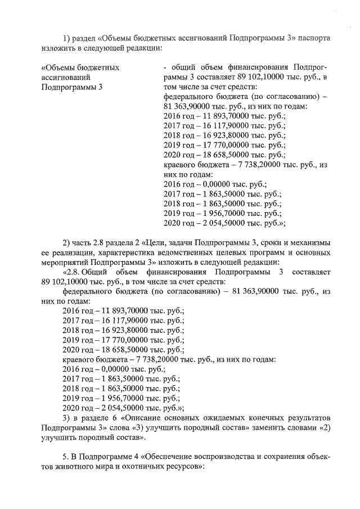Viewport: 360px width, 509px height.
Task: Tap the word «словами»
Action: click(x=300, y=427)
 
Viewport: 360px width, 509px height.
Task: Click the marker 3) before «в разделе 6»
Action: click(x=67, y=417)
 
